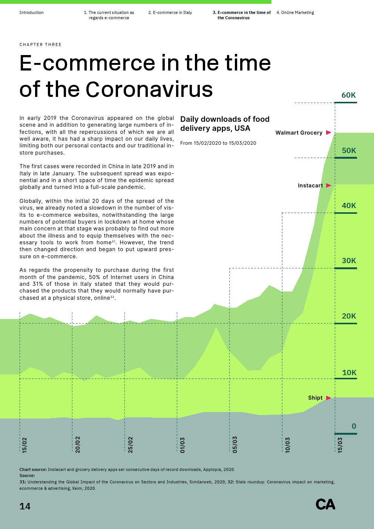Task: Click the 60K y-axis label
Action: click(348, 95)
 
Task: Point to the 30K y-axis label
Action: click(349, 261)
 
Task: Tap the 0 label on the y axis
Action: click(354, 426)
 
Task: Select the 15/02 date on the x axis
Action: click(25, 445)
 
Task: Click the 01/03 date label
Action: click(182, 445)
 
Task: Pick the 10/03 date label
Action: click(288, 445)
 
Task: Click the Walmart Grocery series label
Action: click(299, 133)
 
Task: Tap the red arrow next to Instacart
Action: click(328, 186)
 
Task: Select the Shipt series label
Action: click(315, 398)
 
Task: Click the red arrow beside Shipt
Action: click(328, 398)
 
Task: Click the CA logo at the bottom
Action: click(325, 504)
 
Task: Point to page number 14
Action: click(25, 506)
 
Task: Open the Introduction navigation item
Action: click(31, 13)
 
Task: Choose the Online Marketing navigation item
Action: click(295, 13)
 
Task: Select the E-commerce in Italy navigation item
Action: click(170, 13)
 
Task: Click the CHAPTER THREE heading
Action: click(40, 44)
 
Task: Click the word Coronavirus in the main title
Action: click(149, 90)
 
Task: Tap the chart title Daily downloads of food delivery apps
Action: click(225, 124)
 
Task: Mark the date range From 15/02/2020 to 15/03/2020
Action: click(218, 143)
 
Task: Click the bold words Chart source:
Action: click(33, 470)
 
